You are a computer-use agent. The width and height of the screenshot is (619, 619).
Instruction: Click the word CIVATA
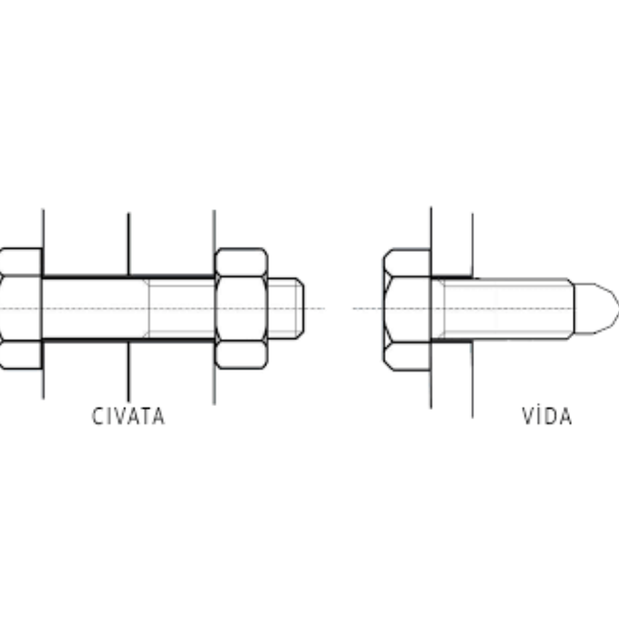(x=128, y=416)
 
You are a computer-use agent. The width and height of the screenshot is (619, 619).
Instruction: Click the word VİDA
(x=547, y=415)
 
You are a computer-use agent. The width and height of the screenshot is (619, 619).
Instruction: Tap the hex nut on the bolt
(x=241, y=308)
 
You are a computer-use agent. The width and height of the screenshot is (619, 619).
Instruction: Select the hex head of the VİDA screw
(x=407, y=309)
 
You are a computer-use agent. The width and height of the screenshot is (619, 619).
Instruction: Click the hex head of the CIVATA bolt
(x=21, y=308)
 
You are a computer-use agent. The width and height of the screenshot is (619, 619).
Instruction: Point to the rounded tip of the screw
(x=597, y=308)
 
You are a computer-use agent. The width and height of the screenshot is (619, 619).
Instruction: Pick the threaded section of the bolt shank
(x=181, y=308)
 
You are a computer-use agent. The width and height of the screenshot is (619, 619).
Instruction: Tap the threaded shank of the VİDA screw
(x=503, y=308)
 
